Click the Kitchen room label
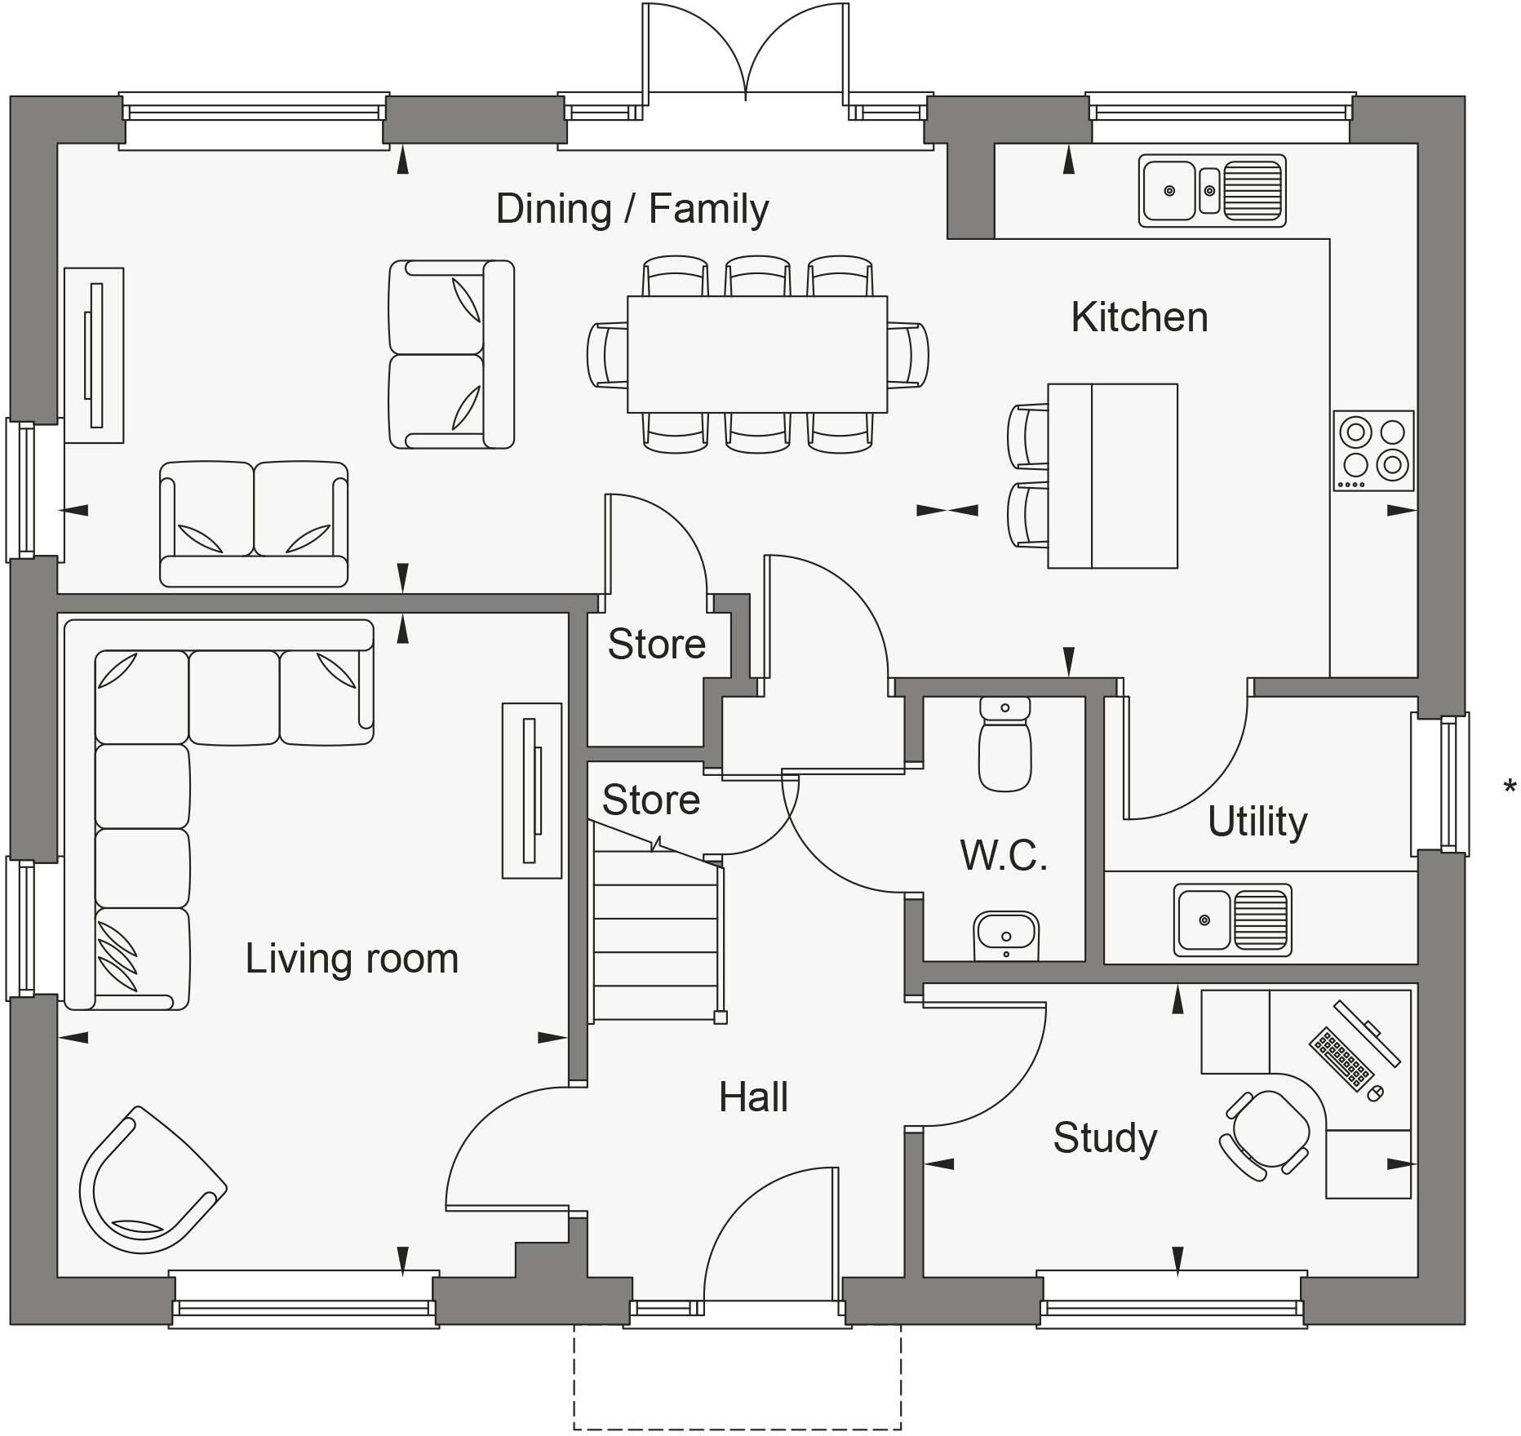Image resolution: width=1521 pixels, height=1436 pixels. pos(1138,317)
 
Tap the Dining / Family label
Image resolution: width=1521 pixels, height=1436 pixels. pos(632,209)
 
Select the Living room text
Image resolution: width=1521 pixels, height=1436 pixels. pos(352,959)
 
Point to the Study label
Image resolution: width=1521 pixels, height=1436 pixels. pos(1105,1137)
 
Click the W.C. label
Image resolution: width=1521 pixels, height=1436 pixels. pos(1004,855)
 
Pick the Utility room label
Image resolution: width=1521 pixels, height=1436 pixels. pos(1257,821)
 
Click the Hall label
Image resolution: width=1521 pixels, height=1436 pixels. pos(752,1097)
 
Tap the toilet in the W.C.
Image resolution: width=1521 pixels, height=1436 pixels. pos(1004,745)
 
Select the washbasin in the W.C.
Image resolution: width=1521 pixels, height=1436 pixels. pos(1006,935)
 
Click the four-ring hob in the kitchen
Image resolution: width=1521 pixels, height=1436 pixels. pos(1373,450)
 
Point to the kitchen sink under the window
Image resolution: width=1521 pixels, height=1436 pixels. pos(1212,191)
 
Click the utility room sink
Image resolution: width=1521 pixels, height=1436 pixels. pos(1232,920)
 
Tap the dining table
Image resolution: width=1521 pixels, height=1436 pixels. pos(756,354)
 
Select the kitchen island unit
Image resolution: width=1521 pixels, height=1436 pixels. pos(1112,476)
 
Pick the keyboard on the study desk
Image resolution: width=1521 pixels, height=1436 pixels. pos(1341,1061)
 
